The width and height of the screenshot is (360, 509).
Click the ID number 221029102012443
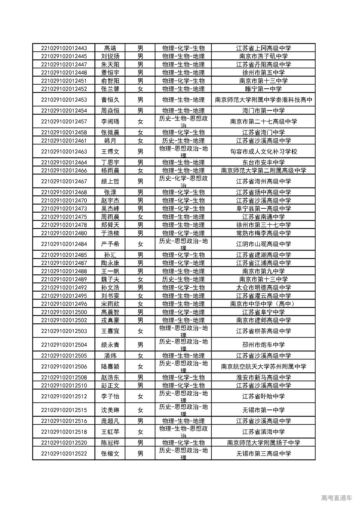(64, 48)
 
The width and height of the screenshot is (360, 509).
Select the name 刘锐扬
(110, 56)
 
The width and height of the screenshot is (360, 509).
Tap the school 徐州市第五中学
(263, 73)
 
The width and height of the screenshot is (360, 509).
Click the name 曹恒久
(110, 100)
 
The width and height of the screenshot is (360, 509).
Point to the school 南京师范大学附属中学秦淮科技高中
(263, 100)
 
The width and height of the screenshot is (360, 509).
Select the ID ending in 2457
(64, 121)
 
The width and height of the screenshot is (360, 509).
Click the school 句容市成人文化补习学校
(263, 152)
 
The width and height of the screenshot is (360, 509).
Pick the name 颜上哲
(110, 181)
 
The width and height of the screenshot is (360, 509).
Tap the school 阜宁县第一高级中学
(263, 209)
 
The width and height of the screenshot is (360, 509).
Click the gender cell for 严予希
(140, 244)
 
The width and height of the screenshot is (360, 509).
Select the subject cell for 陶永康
(183, 263)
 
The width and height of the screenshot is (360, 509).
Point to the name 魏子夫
(110, 279)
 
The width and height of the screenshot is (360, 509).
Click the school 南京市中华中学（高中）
(263, 304)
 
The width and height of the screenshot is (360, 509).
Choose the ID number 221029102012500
(64, 312)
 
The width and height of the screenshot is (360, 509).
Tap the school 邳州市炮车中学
(263, 345)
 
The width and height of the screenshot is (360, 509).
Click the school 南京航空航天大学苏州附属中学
(263, 366)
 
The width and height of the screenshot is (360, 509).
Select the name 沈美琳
(110, 410)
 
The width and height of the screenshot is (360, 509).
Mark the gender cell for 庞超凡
(140, 421)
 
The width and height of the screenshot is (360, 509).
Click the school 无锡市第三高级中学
(263, 454)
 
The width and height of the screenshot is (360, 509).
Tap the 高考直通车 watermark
(336, 498)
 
